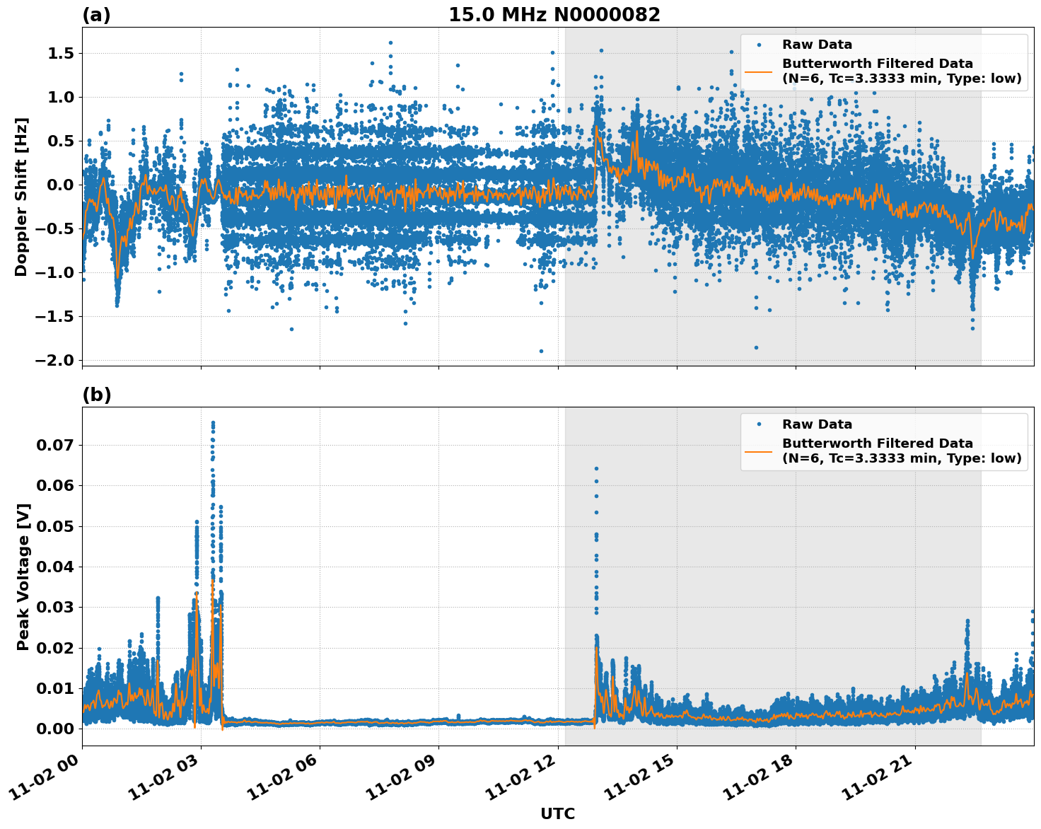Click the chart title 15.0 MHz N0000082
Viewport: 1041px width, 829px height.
pos(554,15)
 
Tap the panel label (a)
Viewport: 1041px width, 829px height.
pos(96,15)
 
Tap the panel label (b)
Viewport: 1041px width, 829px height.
pos(96,395)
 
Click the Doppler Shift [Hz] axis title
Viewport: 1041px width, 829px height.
pos(21,197)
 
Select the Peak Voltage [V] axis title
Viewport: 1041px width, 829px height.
pos(23,576)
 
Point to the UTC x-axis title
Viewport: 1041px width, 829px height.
pos(557,813)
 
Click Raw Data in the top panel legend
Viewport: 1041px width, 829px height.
pos(817,45)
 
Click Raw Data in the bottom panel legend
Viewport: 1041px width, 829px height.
pos(817,424)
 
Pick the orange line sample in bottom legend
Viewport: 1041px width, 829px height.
pos(758,451)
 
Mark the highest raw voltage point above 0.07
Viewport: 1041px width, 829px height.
pos(213,423)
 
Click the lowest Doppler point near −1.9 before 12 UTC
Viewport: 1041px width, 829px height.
pos(541,351)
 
